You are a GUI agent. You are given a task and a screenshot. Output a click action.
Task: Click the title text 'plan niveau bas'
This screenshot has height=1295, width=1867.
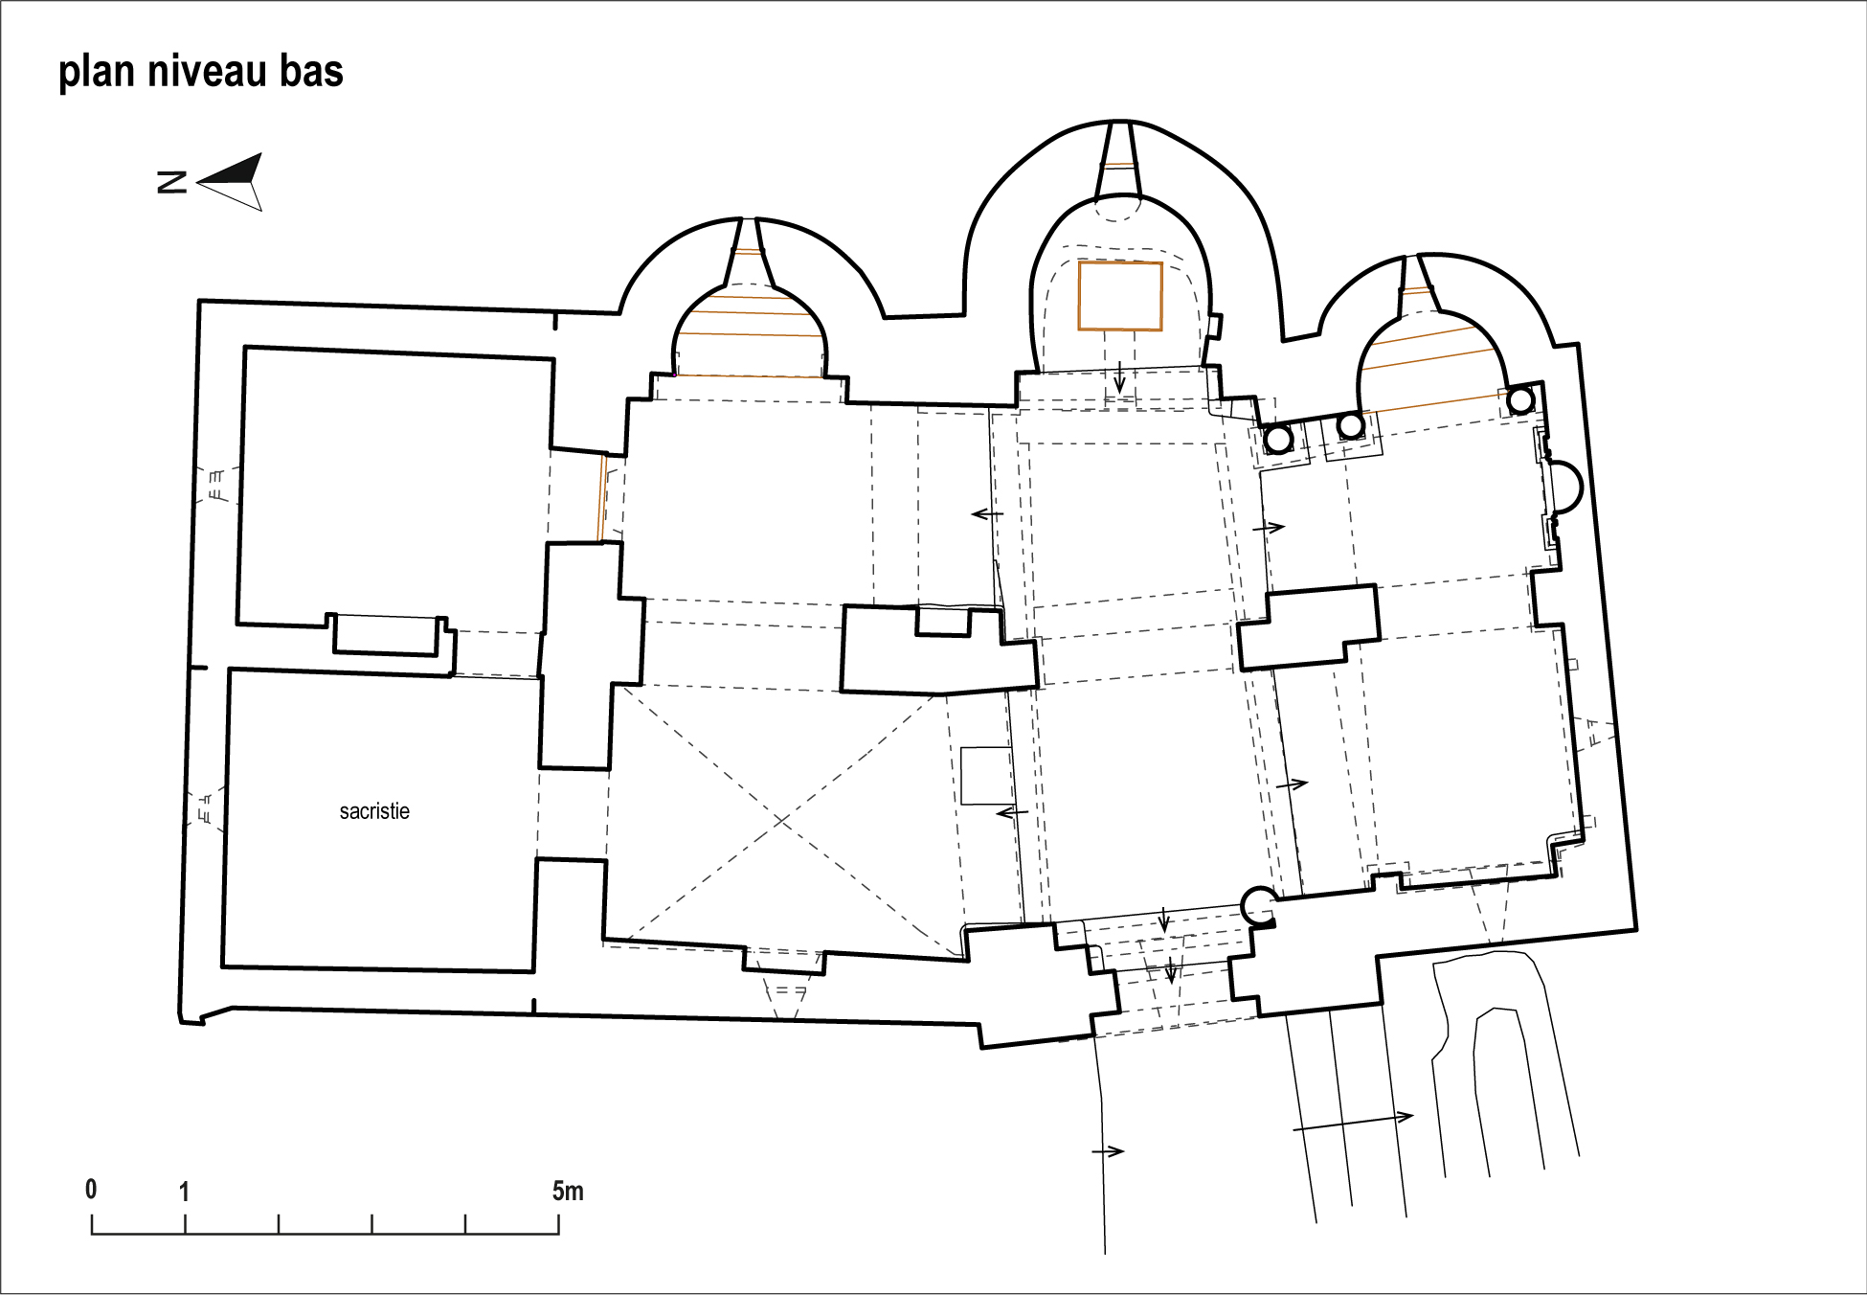pos(201,73)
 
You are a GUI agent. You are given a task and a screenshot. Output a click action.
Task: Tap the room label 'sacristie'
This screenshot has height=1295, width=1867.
pos(374,811)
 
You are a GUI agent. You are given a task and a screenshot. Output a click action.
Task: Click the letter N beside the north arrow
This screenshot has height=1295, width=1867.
pos(171,182)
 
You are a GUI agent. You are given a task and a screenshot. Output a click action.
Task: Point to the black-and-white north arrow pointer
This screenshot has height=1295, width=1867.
pos(230,181)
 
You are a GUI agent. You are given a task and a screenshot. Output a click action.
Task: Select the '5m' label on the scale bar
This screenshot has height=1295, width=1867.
pos(568,1191)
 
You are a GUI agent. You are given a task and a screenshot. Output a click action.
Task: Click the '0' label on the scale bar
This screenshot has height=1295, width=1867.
pos(91,1189)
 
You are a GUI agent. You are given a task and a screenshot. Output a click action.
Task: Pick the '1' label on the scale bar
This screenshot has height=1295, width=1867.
pos(184,1192)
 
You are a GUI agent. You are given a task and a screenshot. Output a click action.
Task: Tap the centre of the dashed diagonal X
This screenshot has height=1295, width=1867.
pos(784,821)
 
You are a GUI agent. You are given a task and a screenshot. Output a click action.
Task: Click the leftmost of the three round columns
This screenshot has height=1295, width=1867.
pos(1279,440)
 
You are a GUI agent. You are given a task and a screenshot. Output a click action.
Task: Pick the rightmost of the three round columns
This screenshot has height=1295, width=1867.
pos(1521,399)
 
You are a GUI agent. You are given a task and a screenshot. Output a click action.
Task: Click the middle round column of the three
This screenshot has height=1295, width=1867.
pos(1351,424)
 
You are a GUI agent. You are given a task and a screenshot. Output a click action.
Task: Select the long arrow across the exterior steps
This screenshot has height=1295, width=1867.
pos(1353,1123)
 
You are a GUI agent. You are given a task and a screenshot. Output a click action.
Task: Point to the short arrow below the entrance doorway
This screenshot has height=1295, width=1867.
pos(1108,1150)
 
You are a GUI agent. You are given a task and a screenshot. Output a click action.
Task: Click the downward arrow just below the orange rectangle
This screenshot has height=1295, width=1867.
pos(1119,377)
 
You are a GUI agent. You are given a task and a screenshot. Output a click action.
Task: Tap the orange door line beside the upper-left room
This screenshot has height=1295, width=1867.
pos(602,498)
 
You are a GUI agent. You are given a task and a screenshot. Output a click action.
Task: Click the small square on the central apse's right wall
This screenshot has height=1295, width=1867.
pos(1214,326)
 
